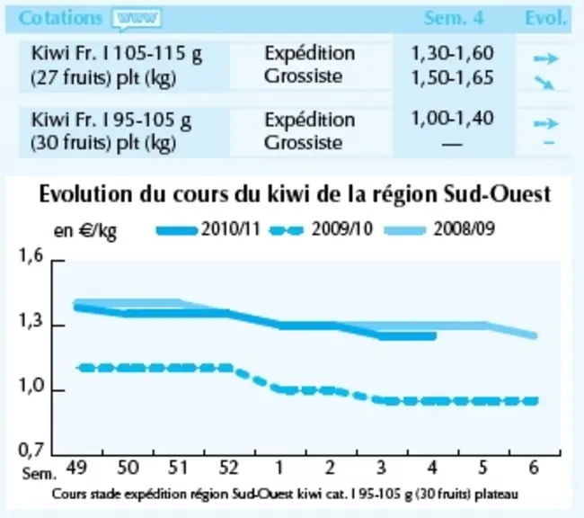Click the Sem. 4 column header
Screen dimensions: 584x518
454,18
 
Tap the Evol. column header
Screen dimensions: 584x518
545,18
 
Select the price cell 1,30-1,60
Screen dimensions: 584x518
453,53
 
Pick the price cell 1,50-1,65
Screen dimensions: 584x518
453,77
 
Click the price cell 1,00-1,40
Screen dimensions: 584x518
453,118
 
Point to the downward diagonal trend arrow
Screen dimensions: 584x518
544,83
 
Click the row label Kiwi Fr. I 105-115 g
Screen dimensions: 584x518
117,54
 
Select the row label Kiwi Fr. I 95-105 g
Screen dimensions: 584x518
111,121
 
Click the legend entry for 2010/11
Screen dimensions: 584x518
208,229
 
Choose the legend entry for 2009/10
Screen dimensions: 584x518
321,229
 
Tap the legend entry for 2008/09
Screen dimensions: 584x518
439,229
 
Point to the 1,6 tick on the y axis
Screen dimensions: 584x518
58,260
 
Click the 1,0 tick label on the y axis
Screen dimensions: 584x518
31,387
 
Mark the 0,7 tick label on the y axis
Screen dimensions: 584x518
31,451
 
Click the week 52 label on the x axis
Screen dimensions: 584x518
228,468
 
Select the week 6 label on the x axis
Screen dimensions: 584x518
534,468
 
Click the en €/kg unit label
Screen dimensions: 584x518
85,231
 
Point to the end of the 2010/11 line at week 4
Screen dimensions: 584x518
434,336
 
